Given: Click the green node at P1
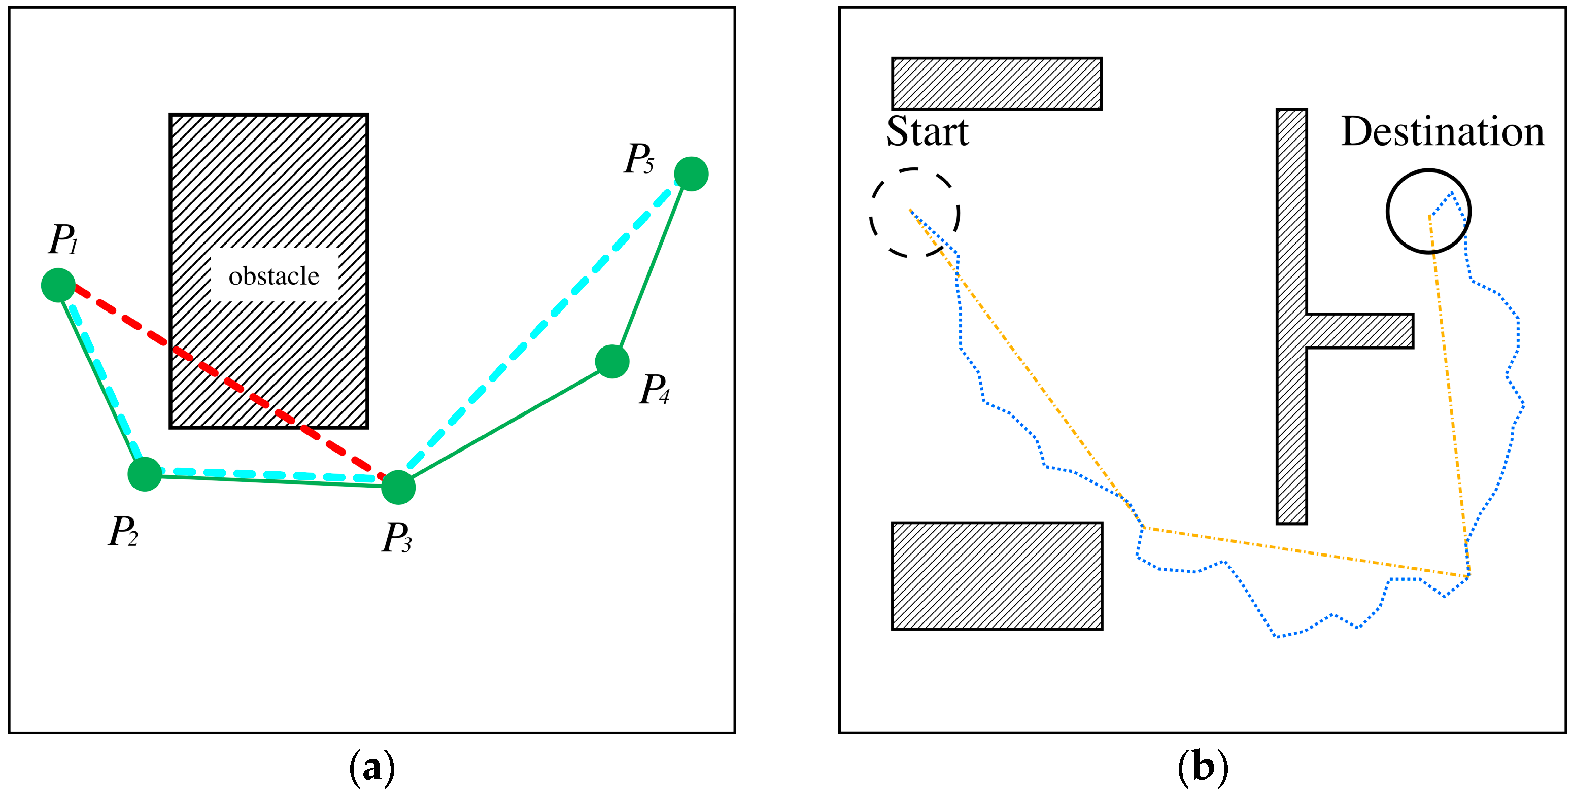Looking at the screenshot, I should [58, 285].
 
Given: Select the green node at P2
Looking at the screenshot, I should [145, 474].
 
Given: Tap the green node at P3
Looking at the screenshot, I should [398, 488].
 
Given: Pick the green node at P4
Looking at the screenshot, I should [612, 362].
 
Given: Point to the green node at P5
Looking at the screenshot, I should [691, 174].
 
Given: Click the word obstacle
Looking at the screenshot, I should [273, 276].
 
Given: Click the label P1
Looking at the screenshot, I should [63, 239].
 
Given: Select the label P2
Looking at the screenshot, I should [123, 531].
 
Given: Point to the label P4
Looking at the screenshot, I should [655, 389].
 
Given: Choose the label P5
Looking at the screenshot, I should [639, 159].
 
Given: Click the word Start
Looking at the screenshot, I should [927, 131].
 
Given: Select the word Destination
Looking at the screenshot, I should [1442, 131].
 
